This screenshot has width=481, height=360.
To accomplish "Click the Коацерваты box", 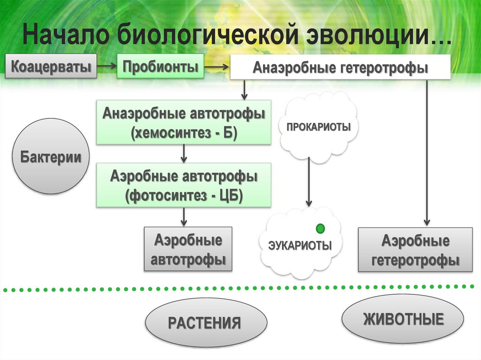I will pos(51,66).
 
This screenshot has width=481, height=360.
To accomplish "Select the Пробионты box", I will pos(160,66).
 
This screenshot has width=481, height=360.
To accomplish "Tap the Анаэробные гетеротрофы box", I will pos(340,67).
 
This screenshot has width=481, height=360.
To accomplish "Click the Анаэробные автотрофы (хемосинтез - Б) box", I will pos(184,122).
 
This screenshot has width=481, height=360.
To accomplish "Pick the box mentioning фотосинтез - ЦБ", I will pos(184,185).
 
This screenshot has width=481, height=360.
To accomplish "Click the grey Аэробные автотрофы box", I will pos(188,249).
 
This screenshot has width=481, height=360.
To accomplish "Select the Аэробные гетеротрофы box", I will pos(415,250).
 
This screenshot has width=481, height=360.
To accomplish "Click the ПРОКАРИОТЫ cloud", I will pos(318,127).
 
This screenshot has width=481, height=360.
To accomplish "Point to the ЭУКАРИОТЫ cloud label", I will pos(300,245).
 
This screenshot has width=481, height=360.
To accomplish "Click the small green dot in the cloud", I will pos(321,229).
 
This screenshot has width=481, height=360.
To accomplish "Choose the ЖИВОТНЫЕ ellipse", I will pos(403,319).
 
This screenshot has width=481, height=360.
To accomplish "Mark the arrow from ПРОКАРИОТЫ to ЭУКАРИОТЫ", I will pos(309,183).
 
